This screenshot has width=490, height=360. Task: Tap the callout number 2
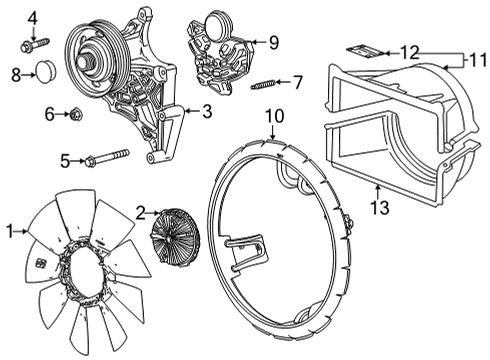[x=141, y=211]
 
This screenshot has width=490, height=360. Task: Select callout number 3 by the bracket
[x=207, y=112]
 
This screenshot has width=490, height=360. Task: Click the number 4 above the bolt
[x=32, y=17]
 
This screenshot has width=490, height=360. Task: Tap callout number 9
[x=273, y=42]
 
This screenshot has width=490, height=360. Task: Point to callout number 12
[x=411, y=50]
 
